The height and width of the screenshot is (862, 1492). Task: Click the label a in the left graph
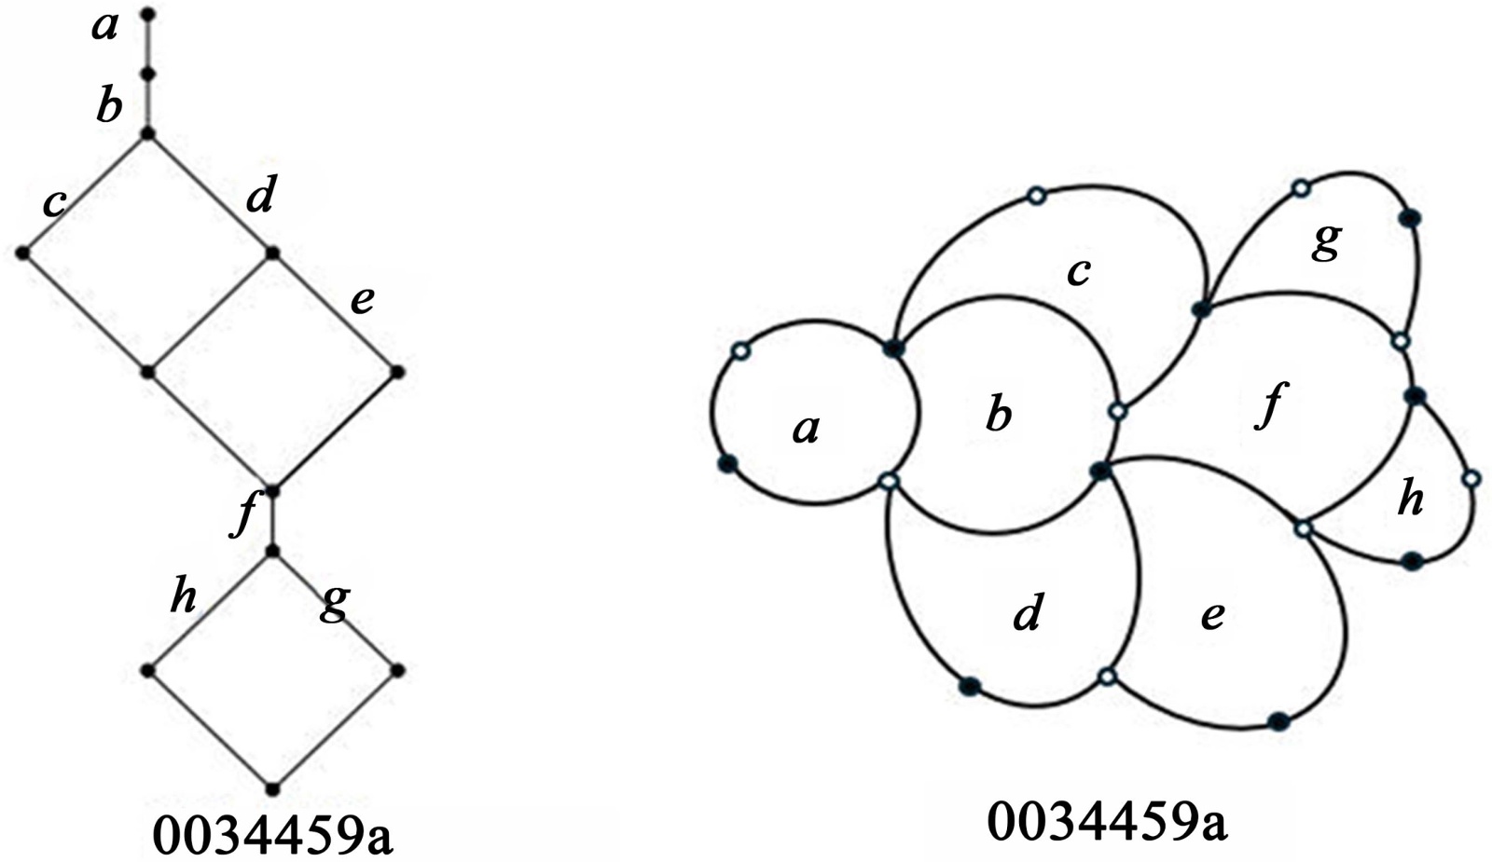105,28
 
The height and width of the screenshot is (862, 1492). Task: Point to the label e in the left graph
362,300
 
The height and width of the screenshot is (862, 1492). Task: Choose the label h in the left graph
184,595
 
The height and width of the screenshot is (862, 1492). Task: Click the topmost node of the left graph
147,14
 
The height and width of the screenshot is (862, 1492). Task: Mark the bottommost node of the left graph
272,788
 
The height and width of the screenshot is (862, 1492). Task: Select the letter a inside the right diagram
807,429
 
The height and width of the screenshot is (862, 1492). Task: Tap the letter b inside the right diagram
999,414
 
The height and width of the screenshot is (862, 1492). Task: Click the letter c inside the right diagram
1078,272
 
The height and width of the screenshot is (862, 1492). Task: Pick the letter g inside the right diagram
1326,240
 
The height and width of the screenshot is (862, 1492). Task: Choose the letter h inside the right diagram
1411,499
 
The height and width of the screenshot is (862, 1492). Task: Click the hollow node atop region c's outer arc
1036,196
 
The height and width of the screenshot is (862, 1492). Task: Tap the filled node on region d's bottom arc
970,686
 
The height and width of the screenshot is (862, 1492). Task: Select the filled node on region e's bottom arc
1279,720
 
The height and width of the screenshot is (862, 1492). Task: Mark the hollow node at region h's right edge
1471,479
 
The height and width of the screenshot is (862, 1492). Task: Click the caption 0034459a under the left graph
272,836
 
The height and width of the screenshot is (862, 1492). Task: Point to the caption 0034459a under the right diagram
1106,822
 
